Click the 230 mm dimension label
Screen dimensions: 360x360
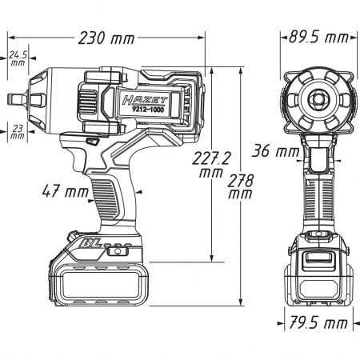(106, 38)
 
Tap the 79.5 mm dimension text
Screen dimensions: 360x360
(318, 322)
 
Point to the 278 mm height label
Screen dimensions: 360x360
(240, 186)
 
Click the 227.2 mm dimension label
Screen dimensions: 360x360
(211, 165)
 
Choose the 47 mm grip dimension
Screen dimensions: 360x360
(65, 191)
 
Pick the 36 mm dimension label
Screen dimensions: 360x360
(275, 150)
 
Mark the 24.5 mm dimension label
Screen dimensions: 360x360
(18, 58)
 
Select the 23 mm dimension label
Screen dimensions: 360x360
(18, 132)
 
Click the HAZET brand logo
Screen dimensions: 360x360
(145, 100)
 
